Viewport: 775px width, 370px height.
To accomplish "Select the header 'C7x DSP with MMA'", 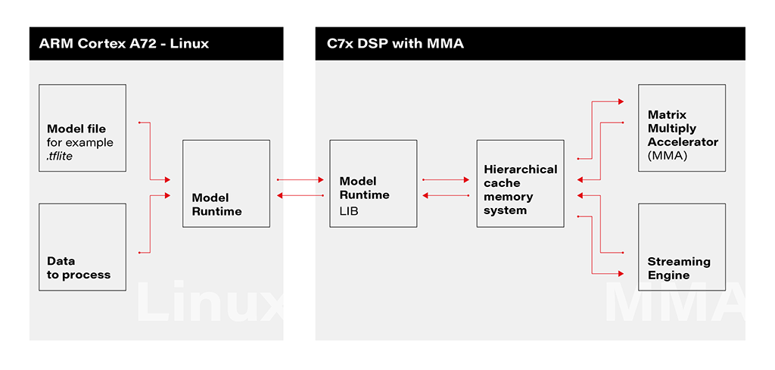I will (395, 44).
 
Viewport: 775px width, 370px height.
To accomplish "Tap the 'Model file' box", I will (82, 128).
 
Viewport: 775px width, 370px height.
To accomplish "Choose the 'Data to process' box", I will (82, 247).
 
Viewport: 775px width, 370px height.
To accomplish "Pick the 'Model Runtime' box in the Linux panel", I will (226, 183).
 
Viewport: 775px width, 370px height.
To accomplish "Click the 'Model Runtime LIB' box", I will (373, 183).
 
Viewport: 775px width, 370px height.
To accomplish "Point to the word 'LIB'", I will (349, 211).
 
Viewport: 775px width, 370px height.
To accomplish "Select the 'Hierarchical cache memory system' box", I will (520, 183).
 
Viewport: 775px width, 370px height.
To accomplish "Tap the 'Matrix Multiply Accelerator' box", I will (682, 128).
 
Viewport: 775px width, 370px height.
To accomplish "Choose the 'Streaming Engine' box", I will (682, 247).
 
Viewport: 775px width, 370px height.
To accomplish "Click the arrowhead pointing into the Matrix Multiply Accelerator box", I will (620, 101).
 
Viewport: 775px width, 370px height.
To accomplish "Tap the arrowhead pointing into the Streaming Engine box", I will (620, 272).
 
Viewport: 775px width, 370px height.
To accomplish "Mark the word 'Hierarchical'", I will (520, 169).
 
